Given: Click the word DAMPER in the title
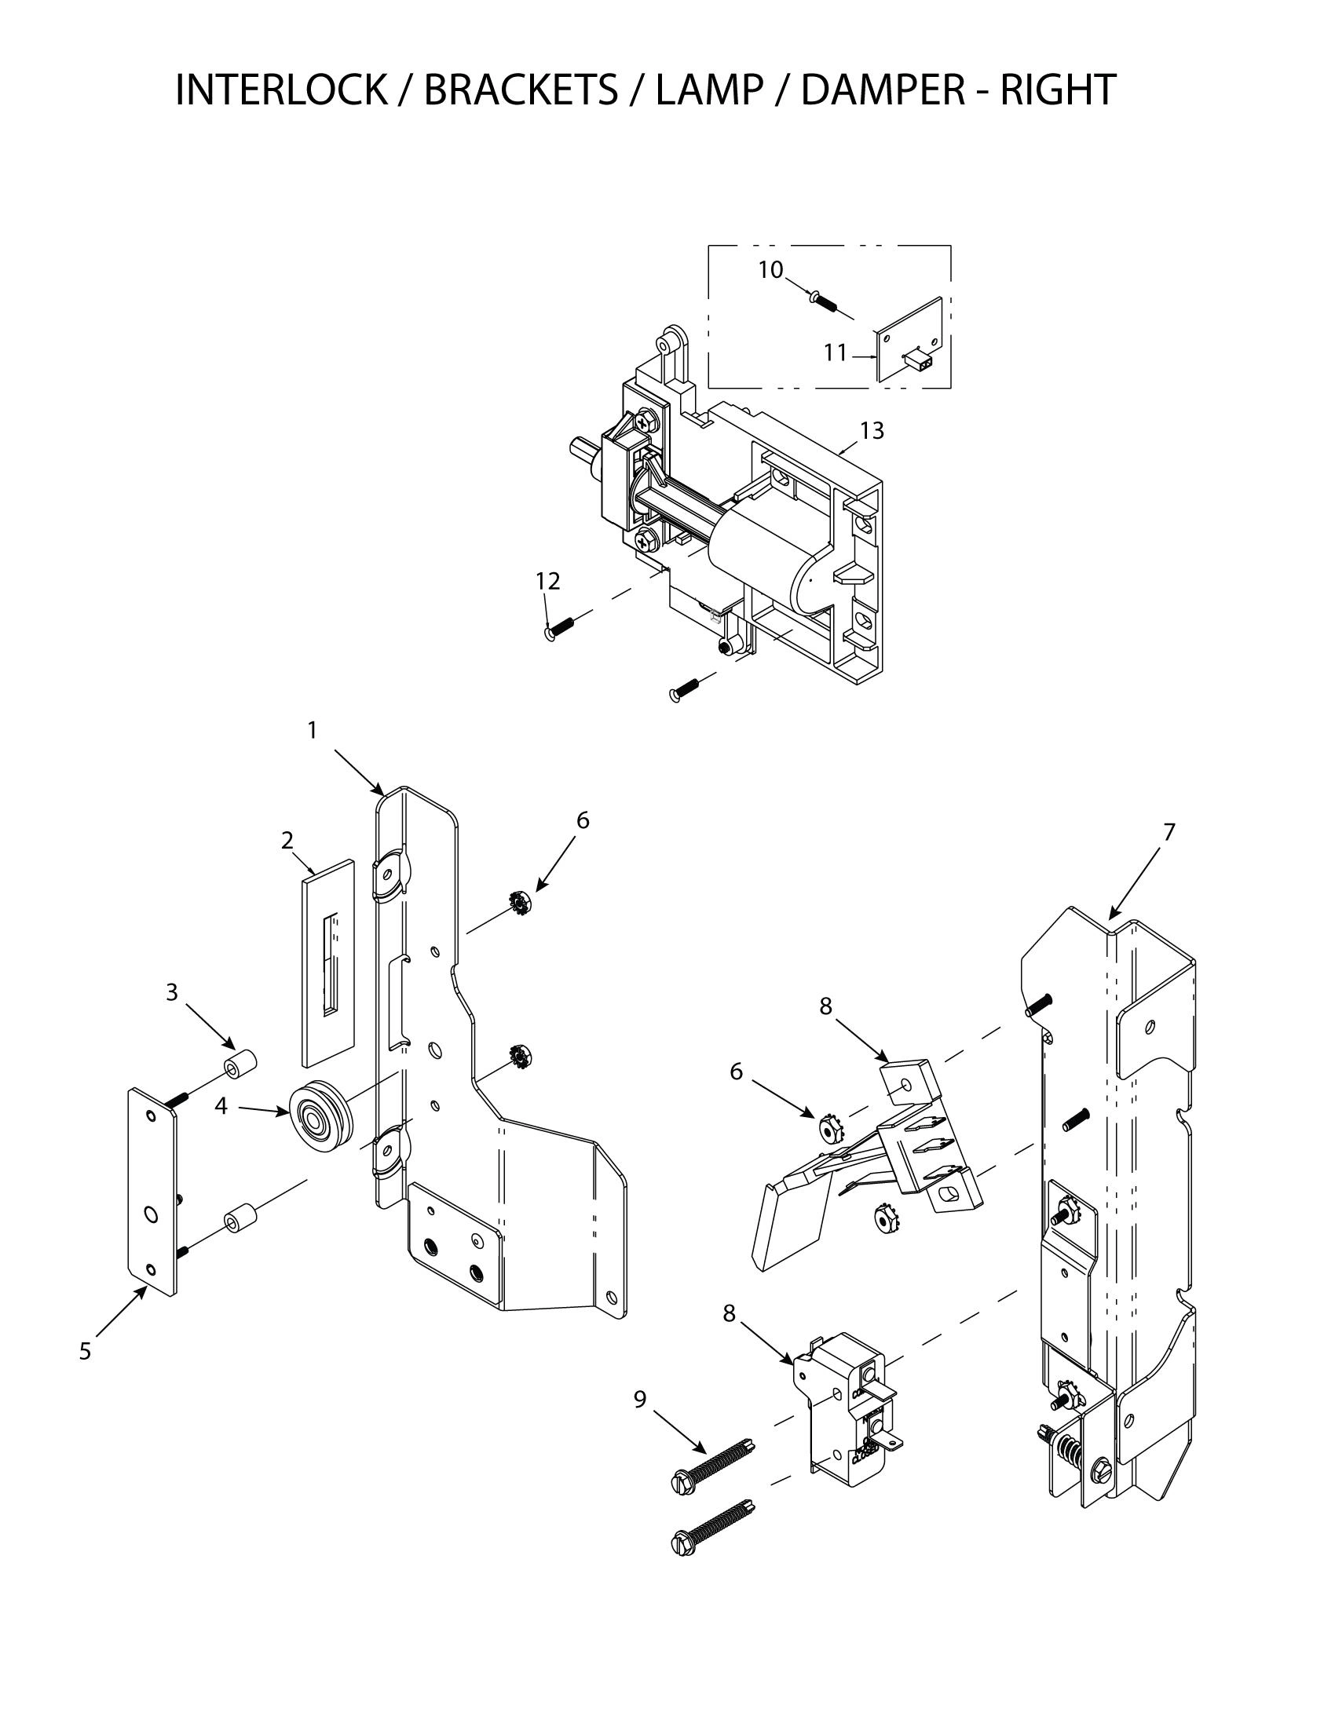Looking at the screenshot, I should tap(882, 89).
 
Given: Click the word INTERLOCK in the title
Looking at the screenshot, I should tap(281, 89).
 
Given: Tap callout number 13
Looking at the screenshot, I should tap(872, 431).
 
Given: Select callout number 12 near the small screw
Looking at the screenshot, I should tap(547, 581).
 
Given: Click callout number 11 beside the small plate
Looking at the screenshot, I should tap(836, 352).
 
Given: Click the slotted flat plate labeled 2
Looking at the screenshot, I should tap(327, 961).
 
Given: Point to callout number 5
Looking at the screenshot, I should tap(86, 1352).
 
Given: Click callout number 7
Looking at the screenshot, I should tap(1169, 832).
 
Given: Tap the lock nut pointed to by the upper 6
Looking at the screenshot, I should tap(519, 901).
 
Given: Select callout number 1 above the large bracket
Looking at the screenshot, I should tap(313, 731).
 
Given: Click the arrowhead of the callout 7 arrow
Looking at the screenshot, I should tap(1111, 917).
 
